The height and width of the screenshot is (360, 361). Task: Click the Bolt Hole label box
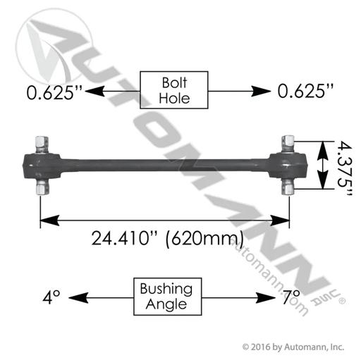click(174, 90)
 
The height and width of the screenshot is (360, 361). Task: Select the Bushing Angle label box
click(168, 297)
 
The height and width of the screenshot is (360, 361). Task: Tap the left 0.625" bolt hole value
click(54, 92)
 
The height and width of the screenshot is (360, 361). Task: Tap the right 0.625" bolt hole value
click(305, 91)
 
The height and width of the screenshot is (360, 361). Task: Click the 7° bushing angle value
click(291, 297)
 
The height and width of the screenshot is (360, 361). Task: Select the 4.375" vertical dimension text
click(345, 169)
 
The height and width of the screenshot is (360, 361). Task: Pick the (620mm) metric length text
click(204, 239)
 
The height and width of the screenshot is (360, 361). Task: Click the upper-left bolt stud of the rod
click(42, 144)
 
